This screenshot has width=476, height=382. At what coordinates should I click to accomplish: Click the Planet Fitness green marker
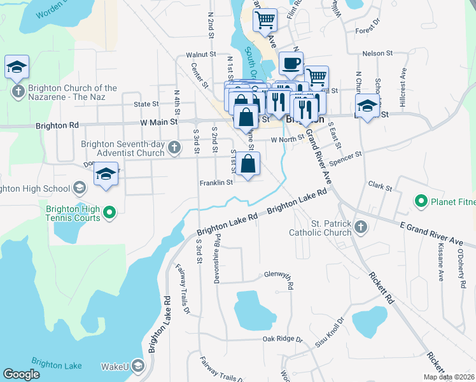pyautogui.click(x=421, y=202)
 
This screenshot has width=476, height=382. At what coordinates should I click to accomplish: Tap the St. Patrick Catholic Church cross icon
pyautogui.click(x=361, y=227)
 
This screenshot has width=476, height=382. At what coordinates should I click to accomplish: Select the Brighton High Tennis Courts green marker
pyautogui.click(x=109, y=212)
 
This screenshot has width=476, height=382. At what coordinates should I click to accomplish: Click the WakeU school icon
pyautogui.click(x=139, y=366)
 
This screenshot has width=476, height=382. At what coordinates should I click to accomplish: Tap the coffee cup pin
pyautogui.click(x=291, y=64)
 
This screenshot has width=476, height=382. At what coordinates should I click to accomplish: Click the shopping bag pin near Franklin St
pyautogui.click(x=248, y=164)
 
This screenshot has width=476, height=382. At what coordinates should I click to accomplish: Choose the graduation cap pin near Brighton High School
pyautogui.click(x=106, y=175)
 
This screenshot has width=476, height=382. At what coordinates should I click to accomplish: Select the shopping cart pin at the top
pyautogui.click(x=265, y=20)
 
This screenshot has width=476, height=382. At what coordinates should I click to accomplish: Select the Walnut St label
pyautogui.click(x=201, y=55)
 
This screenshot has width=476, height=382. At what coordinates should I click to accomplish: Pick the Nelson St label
pyautogui.click(x=374, y=54)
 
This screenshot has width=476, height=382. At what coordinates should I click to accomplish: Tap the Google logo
pyautogui.click(x=21, y=374)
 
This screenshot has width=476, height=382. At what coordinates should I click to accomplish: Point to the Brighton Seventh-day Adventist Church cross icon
pyautogui.click(x=175, y=149)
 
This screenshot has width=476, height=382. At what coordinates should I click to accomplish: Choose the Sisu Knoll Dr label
pyautogui.click(x=330, y=334)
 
